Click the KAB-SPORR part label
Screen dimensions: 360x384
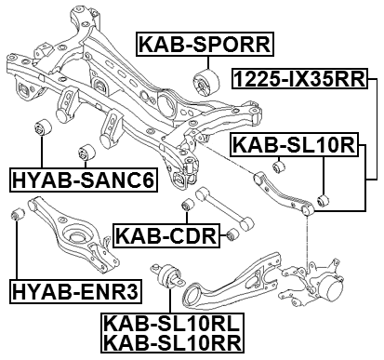tap(204, 43)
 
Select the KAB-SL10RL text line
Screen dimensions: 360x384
tap(174, 324)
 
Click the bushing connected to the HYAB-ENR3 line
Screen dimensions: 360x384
tap(16, 216)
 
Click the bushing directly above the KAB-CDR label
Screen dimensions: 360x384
tap(186, 204)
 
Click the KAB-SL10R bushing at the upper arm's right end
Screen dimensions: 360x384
tap(322, 199)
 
